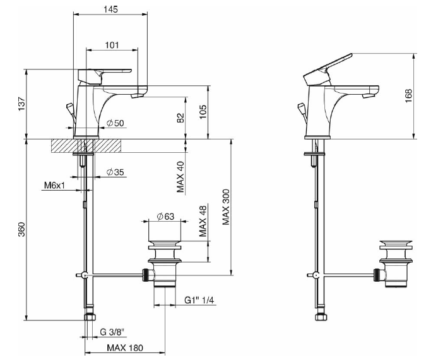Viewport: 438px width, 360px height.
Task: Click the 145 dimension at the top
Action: click(110, 9)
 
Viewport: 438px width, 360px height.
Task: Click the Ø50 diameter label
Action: click(114, 123)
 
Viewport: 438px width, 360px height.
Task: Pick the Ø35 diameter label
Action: click(114, 172)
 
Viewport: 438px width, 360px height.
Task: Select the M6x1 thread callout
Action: click(55, 186)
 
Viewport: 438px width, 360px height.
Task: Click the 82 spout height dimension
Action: click(181, 117)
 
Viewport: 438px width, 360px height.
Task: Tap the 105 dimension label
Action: click(202, 111)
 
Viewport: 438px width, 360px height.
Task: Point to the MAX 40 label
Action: click(181, 176)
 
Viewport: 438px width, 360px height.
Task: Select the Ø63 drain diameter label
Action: click(165, 217)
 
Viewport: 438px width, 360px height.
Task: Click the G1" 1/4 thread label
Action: click(200, 300)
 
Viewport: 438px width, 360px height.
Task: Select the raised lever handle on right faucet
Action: click(328, 68)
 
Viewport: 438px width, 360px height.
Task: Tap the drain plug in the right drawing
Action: click(396, 244)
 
